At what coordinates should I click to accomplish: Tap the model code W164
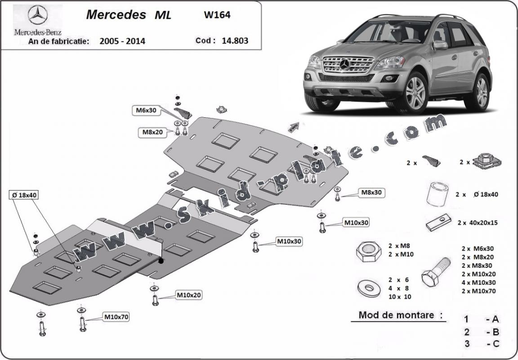217,14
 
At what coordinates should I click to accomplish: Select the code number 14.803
235,40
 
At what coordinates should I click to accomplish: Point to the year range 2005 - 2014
122,41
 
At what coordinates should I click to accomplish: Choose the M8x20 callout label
153,132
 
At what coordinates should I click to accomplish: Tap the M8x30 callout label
372,193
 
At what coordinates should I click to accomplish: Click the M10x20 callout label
188,295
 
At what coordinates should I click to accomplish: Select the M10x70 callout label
116,317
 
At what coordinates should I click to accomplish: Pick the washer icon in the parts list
367,287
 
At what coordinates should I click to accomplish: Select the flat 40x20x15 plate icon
437,222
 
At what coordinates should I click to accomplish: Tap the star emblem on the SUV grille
345,65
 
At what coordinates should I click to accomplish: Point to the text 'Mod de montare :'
397,315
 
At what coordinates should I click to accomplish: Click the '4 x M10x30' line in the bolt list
478,282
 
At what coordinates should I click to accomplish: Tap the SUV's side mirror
440,44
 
